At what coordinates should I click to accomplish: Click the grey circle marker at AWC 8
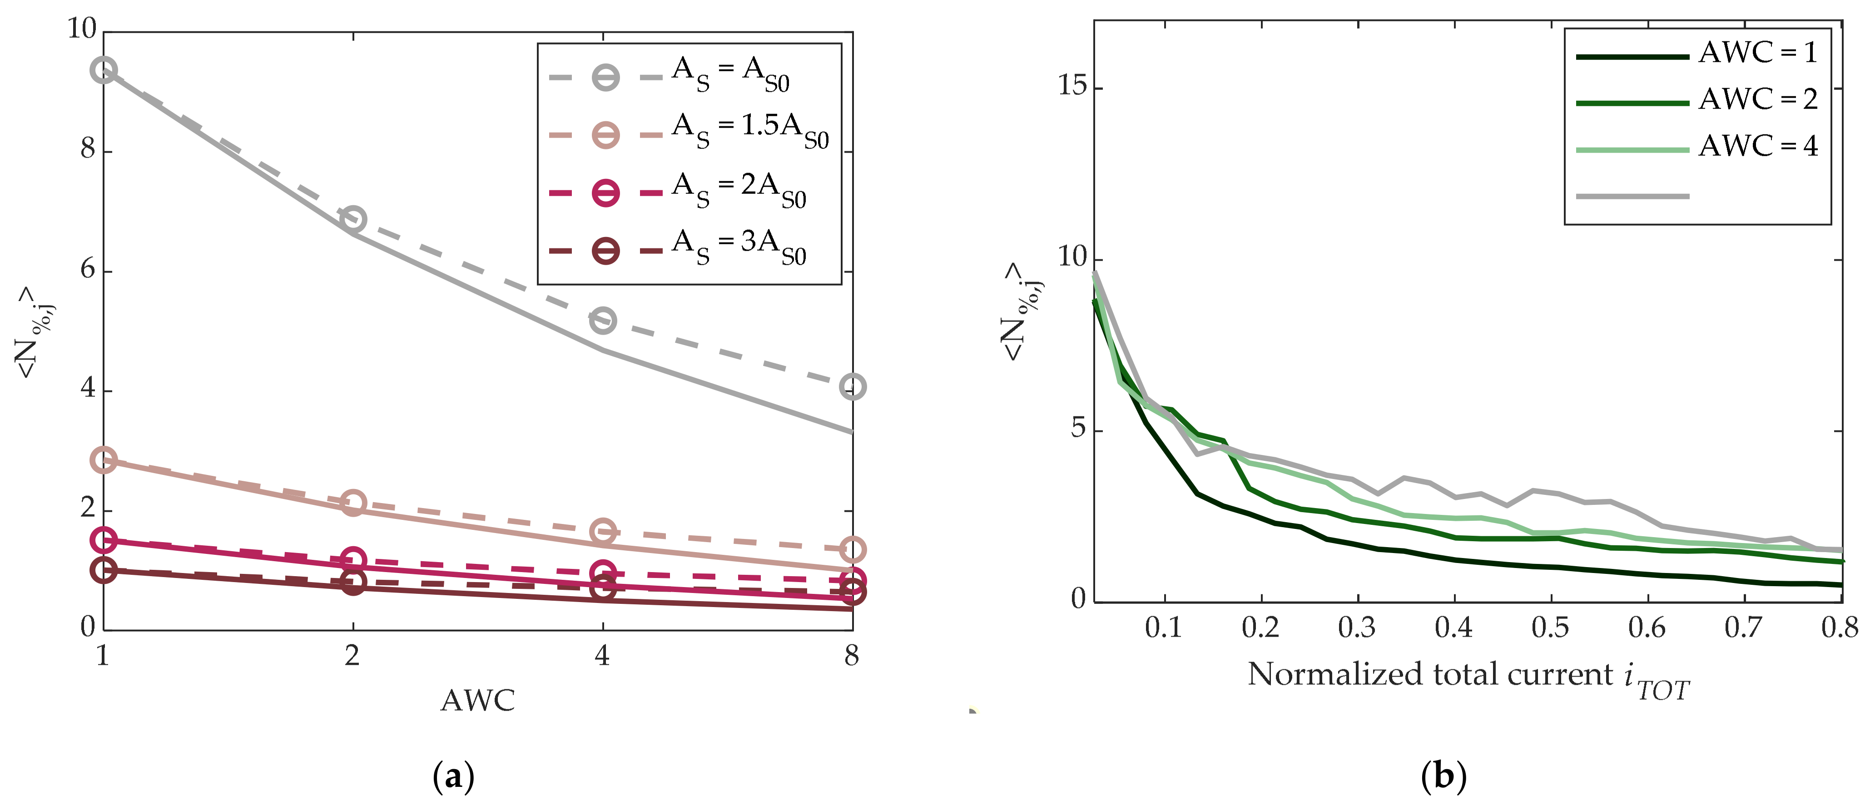pyautogui.click(x=853, y=386)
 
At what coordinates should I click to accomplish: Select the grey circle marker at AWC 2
pyautogui.click(x=353, y=219)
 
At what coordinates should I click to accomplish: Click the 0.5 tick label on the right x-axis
pyautogui.click(x=1550, y=628)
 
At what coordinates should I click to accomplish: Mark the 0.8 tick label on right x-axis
pyautogui.click(x=1839, y=628)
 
